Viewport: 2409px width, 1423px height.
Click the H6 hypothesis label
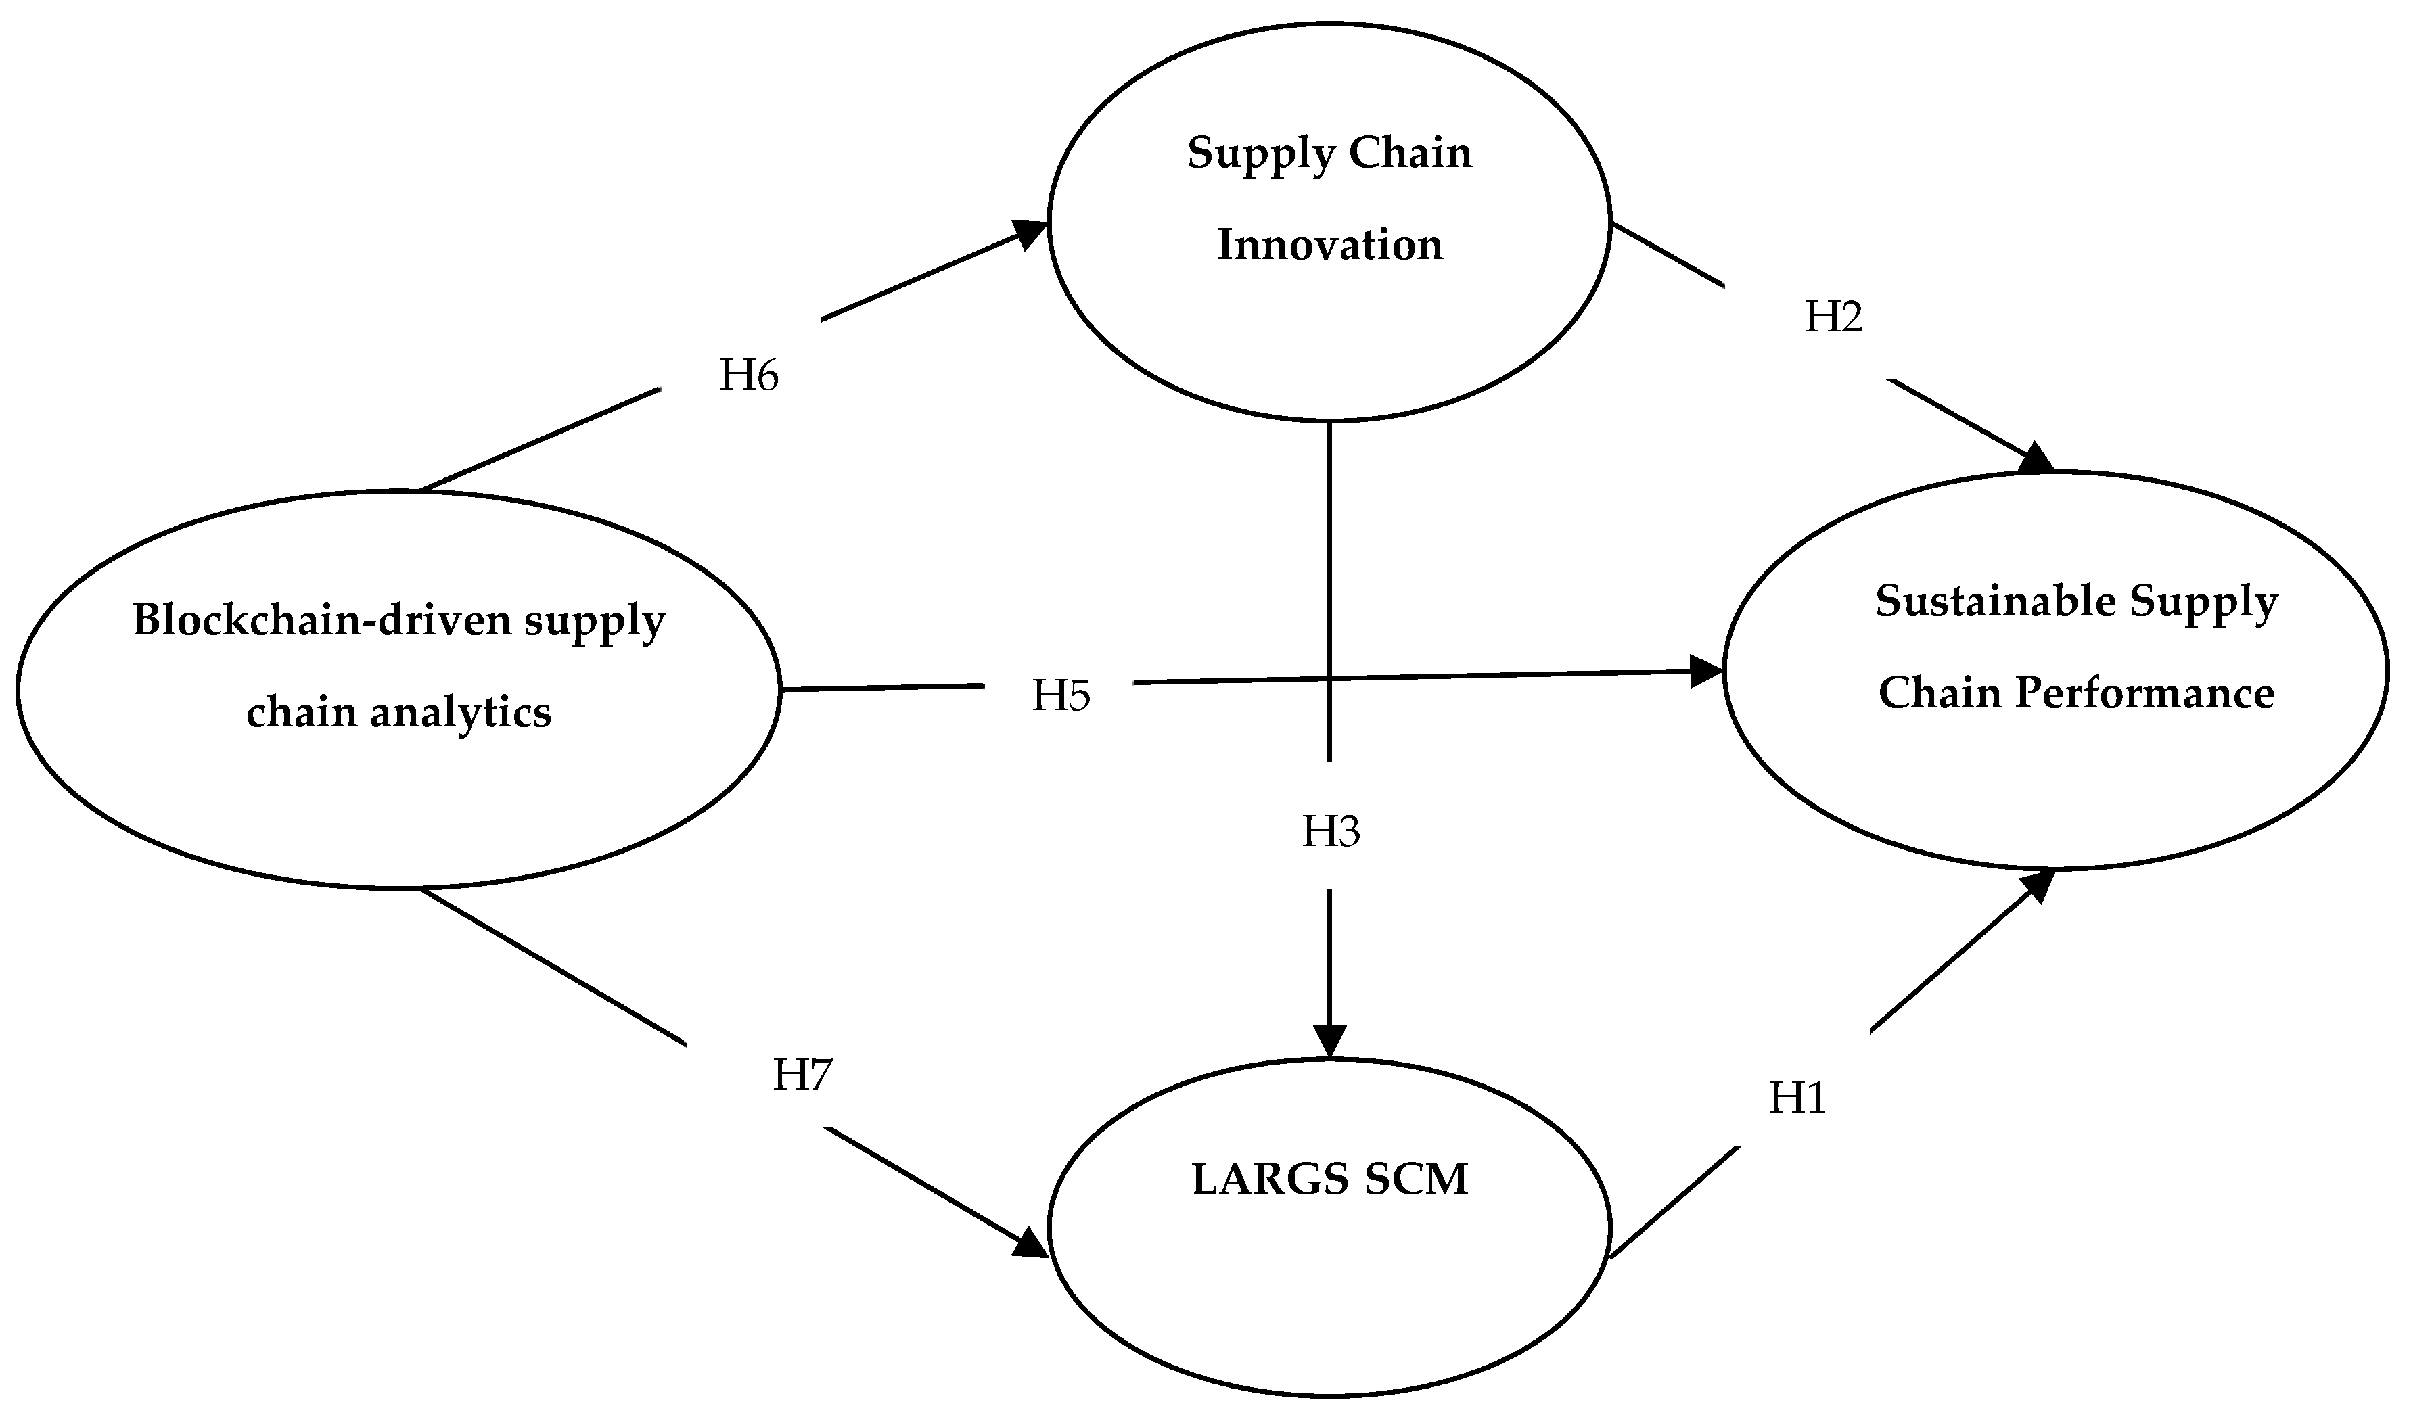pyautogui.click(x=748, y=376)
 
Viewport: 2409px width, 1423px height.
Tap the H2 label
pyautogui.click(x=1833, y=317)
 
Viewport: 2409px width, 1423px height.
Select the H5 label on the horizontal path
pyautogui.click(x=1061, y=696)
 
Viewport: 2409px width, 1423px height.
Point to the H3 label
pyautogui.click(x=1330, y=831)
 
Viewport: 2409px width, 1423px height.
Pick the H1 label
pyautogui.click(x=1797, y=1098)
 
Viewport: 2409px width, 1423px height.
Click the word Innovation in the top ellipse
pyautogui.click(x=1329, y=246)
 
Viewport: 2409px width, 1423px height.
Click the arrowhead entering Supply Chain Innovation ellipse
pyautogui.click(x=1032, y=232)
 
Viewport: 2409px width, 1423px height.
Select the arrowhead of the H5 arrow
pyautogui.click(x=1707, y=671)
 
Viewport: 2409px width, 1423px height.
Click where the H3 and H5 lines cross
pyautogui.click(x=1330, y=679)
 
